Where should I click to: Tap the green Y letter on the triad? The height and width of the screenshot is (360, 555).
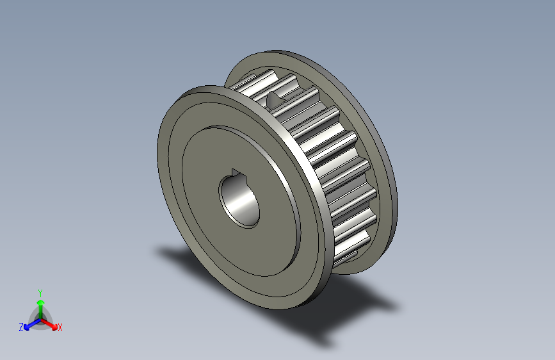pyautogui.click(x=40, y=291)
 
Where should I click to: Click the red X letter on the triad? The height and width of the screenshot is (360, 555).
pyautogui.click(x=60, y=327)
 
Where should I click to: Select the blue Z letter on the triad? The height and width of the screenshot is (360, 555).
pyautogui.click(x=21, y=327)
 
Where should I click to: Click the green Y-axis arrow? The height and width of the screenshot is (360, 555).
pyautogui.click(x=40, y=304)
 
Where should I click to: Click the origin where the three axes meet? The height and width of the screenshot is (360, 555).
pyautogui.click(x=40, y=318)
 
